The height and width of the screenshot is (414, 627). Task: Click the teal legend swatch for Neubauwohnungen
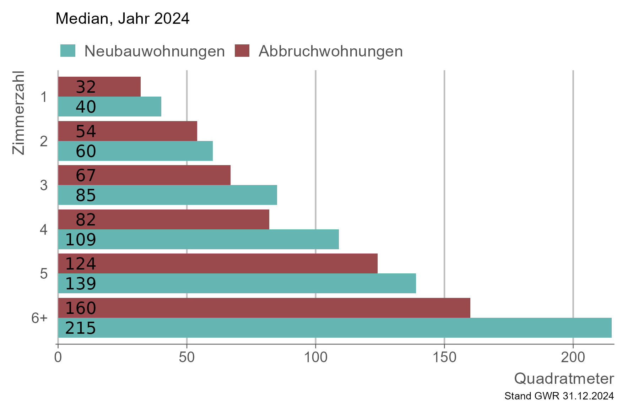tap(68, 51)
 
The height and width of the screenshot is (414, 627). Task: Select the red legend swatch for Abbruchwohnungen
tap(242, 51)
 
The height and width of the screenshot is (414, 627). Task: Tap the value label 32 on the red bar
tap(86, 87)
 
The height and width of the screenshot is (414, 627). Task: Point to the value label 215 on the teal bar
tap(81, 328)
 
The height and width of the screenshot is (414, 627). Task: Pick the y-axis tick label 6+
tap(39, 318)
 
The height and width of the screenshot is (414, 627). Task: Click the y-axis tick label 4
tap(43, 230)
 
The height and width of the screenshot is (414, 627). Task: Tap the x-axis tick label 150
tap(444, 358)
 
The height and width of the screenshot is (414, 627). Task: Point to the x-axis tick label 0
tap(58, 358)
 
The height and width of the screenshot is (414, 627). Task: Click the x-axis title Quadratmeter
tap(564, 378)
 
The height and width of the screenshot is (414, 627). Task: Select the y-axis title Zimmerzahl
tap(18, 113)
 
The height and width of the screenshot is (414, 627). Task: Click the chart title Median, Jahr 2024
tap(123, 18)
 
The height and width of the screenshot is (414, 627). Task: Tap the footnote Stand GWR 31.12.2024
tap(559, 396)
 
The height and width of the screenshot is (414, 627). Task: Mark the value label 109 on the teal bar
tap(81, 240)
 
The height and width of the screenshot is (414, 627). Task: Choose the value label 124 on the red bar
tap(81, 264)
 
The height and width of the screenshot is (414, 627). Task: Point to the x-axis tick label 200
tap(573, 358)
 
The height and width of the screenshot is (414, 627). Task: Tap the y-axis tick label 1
tap(44, 97)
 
